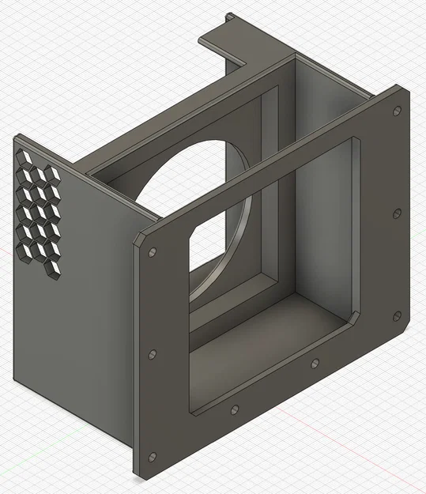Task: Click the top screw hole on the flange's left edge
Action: (152, 253)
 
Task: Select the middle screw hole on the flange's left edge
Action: (153, 354)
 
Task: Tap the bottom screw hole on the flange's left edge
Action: (153, 456)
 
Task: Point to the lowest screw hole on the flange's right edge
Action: (396, 315)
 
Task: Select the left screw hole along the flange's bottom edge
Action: (234, 409)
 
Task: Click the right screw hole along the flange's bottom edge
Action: (315, 363)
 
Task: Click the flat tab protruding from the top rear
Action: (237, 40)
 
